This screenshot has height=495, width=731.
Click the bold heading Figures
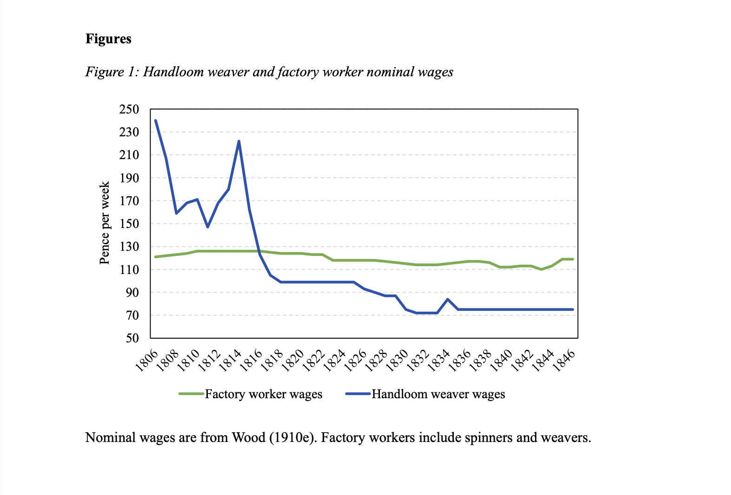pyautogui.click(x=108, y=39)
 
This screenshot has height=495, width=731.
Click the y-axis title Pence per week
pyautogui.click(x=105, y=223)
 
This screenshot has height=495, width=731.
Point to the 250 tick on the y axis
pyautogui.click(x=129, y=110)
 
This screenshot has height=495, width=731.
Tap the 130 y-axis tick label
pyautogui.click(x=129, y=247)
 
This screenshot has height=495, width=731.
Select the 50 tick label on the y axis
pyautogui.click(x=132, y=338)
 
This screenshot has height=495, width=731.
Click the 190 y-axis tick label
pyautogui.click(x=129, y=178)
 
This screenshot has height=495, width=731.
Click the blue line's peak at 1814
pyautogui.click(x=239, y=141)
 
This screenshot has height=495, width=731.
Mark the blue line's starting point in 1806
pyautogui.click(x=155, y=120)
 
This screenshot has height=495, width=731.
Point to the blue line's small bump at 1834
pyautogui.click(x=447, y=299)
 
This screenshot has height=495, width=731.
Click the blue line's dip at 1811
pyautogui.click(x=207, y=227)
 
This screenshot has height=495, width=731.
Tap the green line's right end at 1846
pyautogui.click(x=572, y=259)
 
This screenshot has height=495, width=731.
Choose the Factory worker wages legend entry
pyautogui.click(x=263, y=394)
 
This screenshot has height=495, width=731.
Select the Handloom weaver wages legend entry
pyautogui.click(x=438, y=394)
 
